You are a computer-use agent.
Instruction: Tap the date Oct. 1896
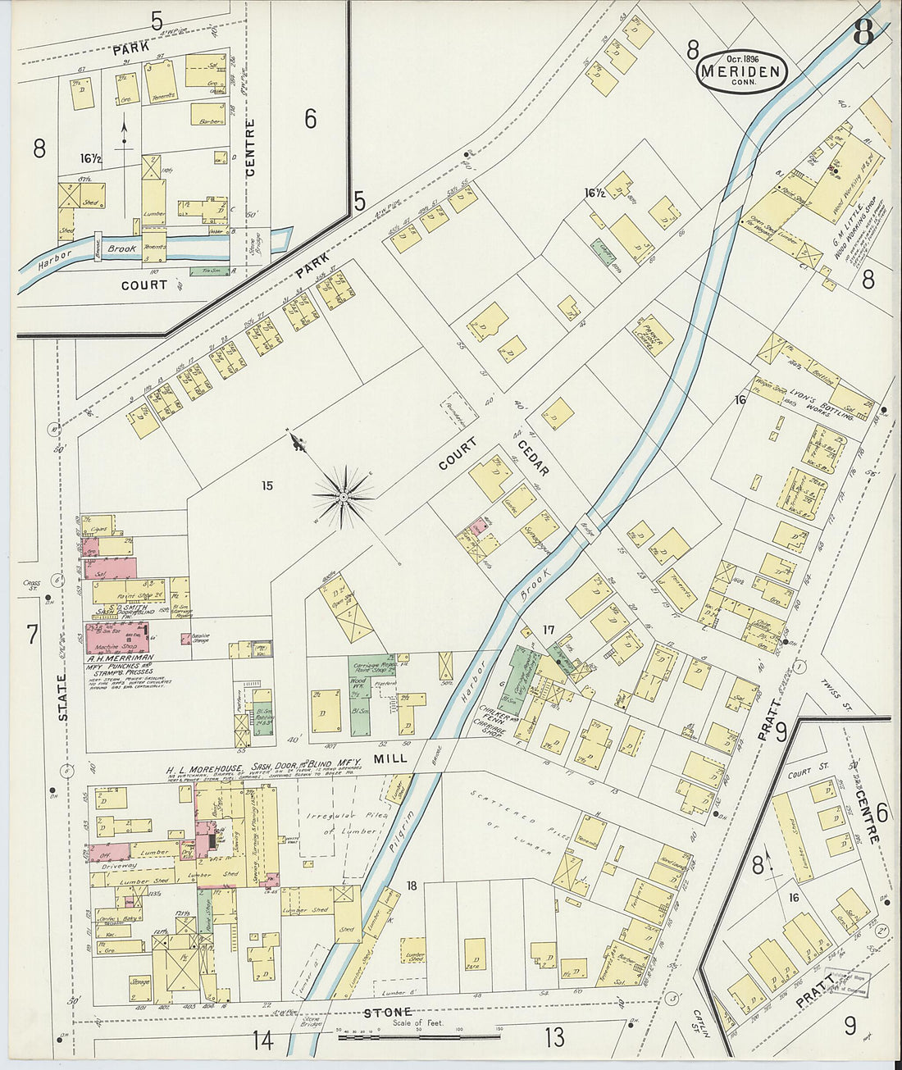741,58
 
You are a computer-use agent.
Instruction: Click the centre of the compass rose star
344,496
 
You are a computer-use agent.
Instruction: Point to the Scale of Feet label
415,1023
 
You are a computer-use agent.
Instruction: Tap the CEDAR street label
533,458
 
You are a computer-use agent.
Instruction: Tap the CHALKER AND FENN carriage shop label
493,717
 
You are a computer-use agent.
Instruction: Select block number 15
267,485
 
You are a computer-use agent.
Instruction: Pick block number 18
412,885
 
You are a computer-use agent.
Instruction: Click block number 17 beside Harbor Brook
549,631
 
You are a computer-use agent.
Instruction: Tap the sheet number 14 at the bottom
262,1040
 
